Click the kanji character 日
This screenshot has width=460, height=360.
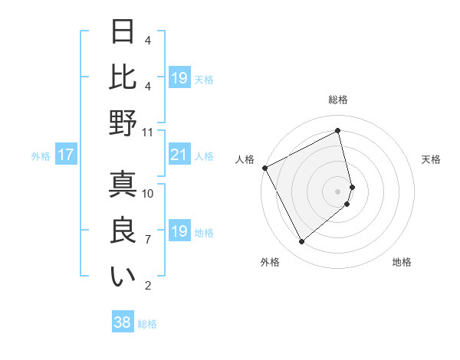point(123,32)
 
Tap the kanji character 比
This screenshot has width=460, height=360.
point(123,77)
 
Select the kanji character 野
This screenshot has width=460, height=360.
point(123,122)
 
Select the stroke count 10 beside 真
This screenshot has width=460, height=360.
point(148,194)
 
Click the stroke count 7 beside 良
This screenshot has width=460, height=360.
point(147,240)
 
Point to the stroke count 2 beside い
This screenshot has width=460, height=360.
point(147,286)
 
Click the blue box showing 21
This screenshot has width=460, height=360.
point(179,155)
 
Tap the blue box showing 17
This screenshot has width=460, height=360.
point(66,155)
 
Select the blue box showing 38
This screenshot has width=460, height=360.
point(123,323)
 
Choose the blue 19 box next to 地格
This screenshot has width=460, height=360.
point(179,231)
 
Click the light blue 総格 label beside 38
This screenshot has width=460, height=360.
point(147,324)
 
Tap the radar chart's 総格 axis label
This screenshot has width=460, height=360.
point(338,100)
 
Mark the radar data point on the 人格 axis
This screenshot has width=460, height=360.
point(264,168)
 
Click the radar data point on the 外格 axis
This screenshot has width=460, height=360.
point(301,242)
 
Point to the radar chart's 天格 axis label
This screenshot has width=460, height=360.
point(431,159)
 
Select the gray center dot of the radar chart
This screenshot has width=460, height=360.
point(338,191)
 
